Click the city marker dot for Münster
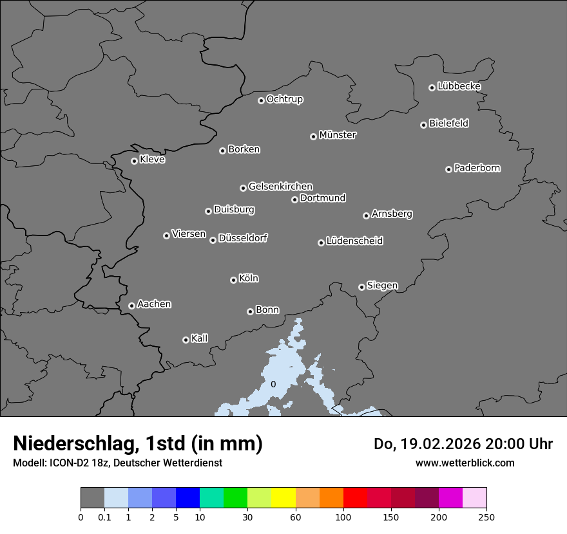pos(313,136)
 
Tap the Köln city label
pos(249,279)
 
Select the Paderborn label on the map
pos(477,168)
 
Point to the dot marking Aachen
pos(131,306)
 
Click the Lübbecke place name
pos(459,86)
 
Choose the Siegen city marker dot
pos(361,287)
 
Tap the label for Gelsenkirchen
pos(281,187)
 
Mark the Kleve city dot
pos(134,161)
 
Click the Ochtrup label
pos(285,99)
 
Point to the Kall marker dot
pos(186,340)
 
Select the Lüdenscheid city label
pos(355,241)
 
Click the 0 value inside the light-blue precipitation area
pos(273,384)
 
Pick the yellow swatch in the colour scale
pos(283,498)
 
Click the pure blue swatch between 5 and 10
pos(187,498)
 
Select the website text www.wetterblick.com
pos(465,463)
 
